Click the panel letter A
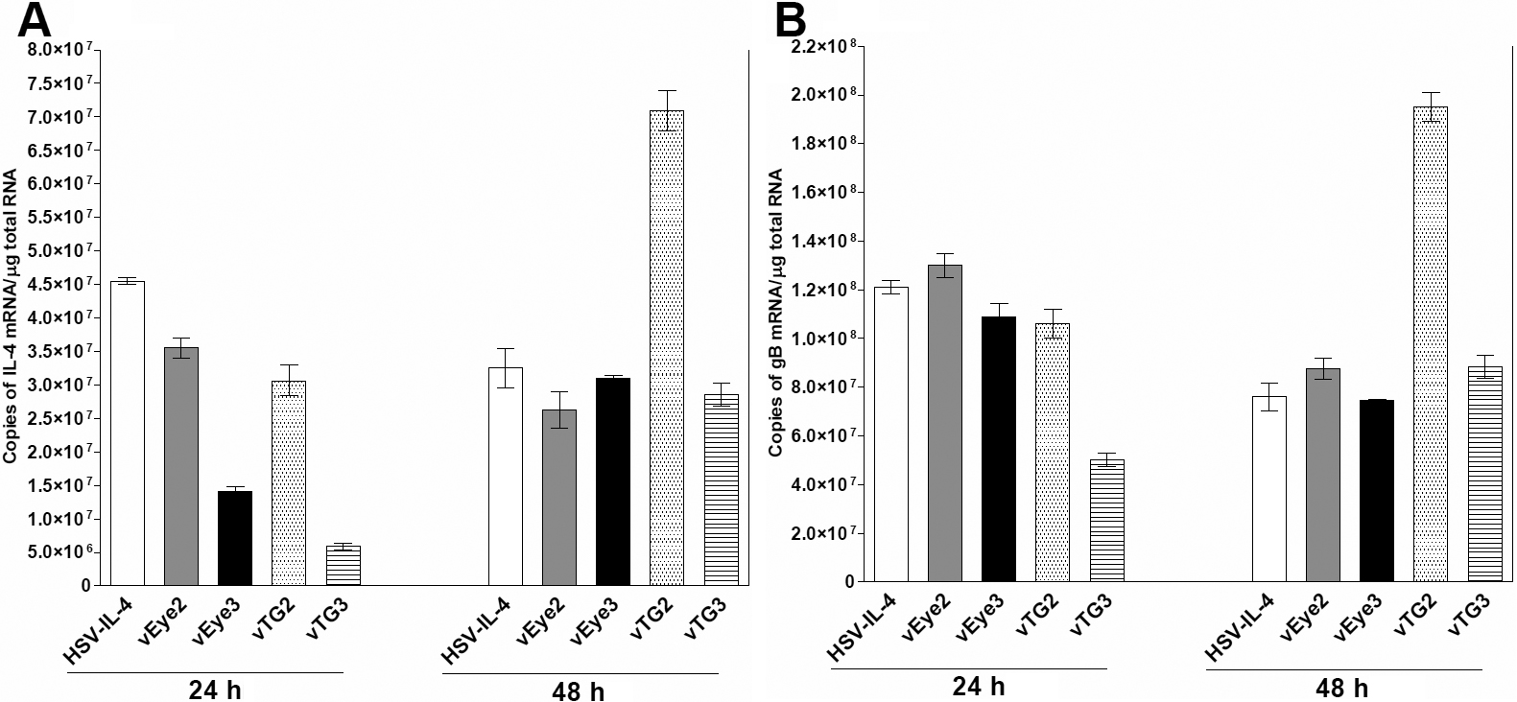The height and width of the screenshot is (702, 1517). coord(36,20)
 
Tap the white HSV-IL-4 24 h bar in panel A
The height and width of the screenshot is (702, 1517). coord(128,433)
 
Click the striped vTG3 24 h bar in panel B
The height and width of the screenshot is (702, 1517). coord(1106,520)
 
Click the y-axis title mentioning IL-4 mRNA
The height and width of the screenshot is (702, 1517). coord(11,316)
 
